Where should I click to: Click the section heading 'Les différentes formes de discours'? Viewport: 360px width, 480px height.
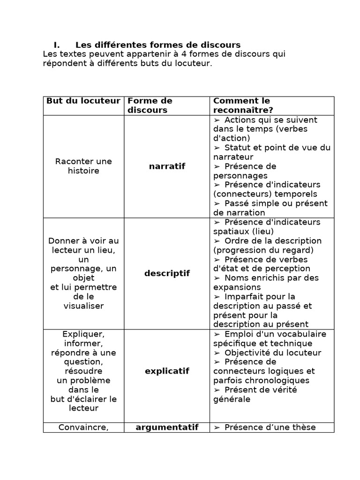click(x=157, y=45)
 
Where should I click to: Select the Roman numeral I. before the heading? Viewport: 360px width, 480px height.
click(x=56, y=45)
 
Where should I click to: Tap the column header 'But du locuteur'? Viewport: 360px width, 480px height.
click(x=83, y=101)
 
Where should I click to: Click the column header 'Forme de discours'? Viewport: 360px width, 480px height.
click(x=150, y=105)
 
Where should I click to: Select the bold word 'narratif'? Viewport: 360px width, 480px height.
click(x=167, y=166)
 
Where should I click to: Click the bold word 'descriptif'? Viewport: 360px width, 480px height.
click(x=167, y=273)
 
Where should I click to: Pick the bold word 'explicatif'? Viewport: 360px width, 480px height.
click(x=167, y=371)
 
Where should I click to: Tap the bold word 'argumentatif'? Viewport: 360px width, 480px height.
click(x=167, y=427)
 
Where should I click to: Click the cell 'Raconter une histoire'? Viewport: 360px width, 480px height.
click(x=83, y=166)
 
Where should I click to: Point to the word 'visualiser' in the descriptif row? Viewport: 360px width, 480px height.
click(x=83, y=306)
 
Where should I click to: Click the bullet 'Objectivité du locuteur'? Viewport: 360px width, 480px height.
click(x=272, y=352)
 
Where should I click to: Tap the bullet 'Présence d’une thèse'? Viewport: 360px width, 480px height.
click(x=270, y=427)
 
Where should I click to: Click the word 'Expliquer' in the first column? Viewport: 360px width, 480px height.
click(x=83, y=334)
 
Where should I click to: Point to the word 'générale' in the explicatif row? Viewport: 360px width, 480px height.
click(x=232, y=399)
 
